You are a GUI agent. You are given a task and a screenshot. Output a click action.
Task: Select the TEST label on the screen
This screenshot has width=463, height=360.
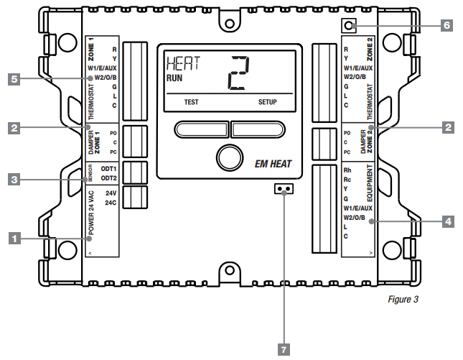pos(191,102)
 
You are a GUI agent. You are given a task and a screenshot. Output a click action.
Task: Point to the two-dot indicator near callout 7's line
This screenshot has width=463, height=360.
pos(284,190)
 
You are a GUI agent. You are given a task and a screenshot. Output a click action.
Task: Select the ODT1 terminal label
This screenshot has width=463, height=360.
pos(108,168)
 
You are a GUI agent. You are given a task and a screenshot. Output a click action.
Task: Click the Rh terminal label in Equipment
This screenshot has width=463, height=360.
pos(348,170)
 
